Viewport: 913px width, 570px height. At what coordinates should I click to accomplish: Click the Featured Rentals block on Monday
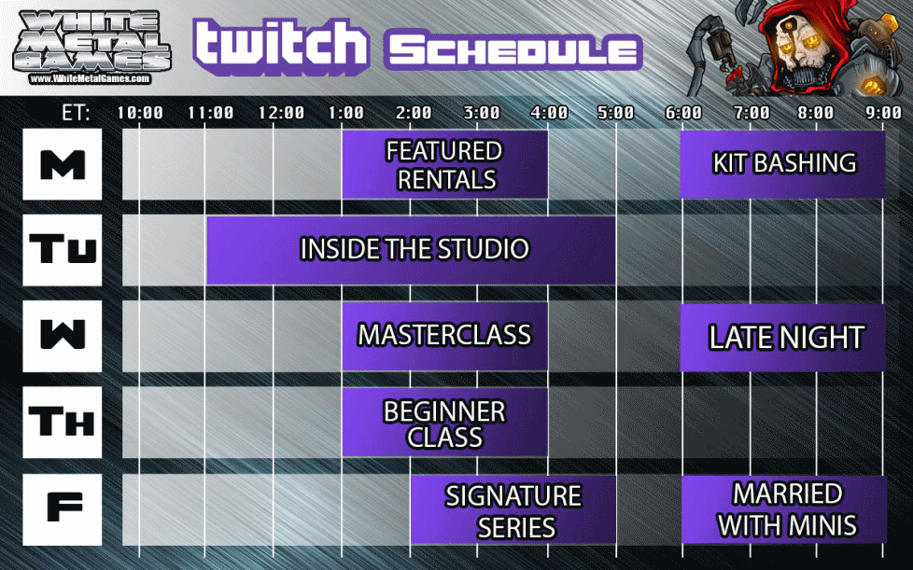coord(445,164)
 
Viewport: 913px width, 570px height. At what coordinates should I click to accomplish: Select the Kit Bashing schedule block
coord(782,164)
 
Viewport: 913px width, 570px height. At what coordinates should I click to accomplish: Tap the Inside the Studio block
coord(411,250)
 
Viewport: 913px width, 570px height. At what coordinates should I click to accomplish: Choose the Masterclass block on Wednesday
coord(445,336)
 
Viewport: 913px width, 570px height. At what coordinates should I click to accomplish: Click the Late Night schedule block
coord(782,338)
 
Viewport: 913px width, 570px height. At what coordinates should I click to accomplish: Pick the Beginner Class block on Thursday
coord(445,423)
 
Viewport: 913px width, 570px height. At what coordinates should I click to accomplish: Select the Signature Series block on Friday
coord(513,510)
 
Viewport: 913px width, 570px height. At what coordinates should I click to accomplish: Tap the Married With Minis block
coord(784,509)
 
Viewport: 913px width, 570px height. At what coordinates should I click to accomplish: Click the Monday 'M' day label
coord(63,164)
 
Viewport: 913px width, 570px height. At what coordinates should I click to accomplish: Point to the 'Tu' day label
coord(63,250)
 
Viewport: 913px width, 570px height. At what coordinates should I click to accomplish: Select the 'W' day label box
coord(63,336)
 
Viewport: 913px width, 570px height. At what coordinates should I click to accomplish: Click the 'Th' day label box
coord(63,423)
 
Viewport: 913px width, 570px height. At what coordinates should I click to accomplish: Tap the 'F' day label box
coord(63,509)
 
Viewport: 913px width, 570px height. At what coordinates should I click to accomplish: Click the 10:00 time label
coord(140,112)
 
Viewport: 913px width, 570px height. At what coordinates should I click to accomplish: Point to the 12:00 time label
coord(281,112)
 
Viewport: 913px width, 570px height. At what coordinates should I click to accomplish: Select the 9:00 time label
coord(883,112)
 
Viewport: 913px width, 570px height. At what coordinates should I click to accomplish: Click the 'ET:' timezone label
coord(76,112)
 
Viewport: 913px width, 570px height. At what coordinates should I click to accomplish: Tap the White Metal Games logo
coord(91,48)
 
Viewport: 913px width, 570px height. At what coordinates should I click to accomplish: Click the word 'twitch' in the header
coord(281,44)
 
